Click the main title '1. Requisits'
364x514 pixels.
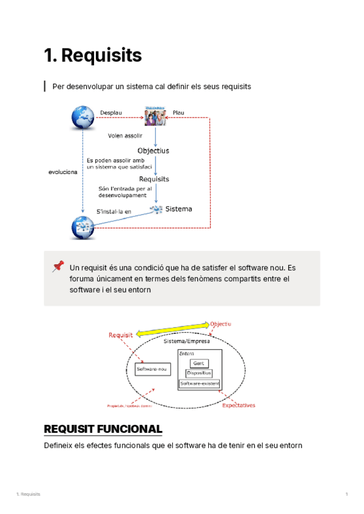pos(93,56)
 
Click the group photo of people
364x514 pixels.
pos(155,115)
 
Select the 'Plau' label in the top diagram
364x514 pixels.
pos(178,113)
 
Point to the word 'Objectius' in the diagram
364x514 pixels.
pos(153,150)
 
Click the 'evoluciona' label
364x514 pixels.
pos(62,172)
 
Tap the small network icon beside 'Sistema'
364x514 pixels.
pos(157,209)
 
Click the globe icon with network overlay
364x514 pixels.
pos(81,228)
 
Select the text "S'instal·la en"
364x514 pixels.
pos(113,212)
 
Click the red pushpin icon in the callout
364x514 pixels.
pos(58,266)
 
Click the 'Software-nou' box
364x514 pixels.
pos(152,369)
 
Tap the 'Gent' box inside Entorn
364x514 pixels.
pos(199,363)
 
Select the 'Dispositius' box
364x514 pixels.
pos(199,373)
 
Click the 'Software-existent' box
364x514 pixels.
pos(200,384)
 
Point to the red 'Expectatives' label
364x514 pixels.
pos(238,405)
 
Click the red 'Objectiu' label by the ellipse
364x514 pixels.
pos(221,324)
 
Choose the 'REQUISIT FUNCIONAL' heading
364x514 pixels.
pos(103,429)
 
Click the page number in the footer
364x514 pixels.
pos(346,495)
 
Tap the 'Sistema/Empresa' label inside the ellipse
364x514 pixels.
pos(187,341)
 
